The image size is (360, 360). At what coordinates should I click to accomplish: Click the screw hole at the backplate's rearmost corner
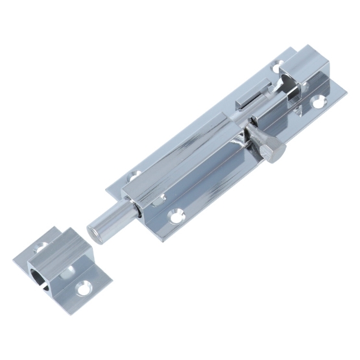pyautogui.click(x=280, y=66)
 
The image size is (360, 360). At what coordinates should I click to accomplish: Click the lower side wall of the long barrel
pyautogui.click(x=195, y=182)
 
